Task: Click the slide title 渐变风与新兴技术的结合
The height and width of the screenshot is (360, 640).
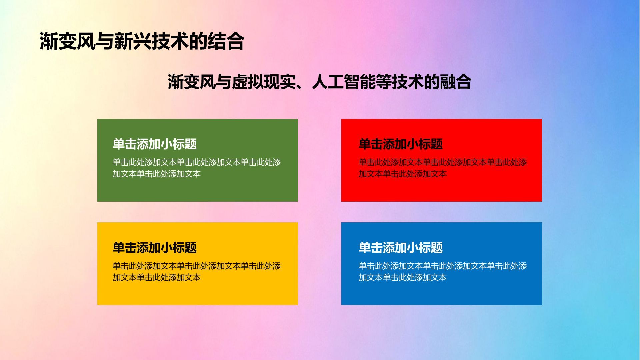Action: tap(142, 41)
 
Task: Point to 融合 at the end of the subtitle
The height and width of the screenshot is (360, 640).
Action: tap(455, 82)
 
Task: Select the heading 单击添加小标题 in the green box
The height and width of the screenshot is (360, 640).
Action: tap(155, 144)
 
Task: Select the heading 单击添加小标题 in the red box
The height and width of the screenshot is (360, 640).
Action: tap(401, 144)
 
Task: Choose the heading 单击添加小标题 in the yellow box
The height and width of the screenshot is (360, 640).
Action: tap(155, 248)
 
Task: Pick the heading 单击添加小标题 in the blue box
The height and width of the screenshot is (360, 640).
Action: tap(401, 248)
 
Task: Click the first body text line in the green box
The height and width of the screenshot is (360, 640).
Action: tap(197, 163)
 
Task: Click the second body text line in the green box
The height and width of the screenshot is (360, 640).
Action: tap(157, 174)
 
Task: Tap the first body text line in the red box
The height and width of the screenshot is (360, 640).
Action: tap(443, 163)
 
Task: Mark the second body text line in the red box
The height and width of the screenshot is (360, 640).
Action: tap(403, 174)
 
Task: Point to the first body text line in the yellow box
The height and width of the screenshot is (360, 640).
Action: tap(197, 266)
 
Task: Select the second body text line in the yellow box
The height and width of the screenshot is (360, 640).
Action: tap(157, 277)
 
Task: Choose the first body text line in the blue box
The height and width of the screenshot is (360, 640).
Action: tap(443, 266)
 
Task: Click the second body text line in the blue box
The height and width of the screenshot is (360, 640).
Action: tap(403, 277)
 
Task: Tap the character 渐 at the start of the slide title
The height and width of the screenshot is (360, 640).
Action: tap(49, 41)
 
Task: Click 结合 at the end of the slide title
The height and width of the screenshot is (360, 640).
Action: tap(226, 41)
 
